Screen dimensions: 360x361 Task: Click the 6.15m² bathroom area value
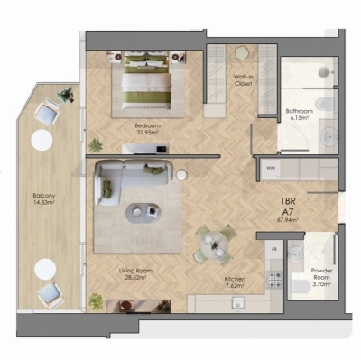click(x=299, y=117)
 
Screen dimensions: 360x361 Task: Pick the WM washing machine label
click(x=270, y=169)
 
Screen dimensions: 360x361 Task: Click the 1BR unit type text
click(x=288, y=205)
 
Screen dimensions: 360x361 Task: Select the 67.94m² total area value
click(x=288, y=223)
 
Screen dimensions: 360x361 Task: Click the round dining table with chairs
click(x=215, y=244)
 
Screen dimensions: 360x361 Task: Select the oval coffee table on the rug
click(x=140, y=213)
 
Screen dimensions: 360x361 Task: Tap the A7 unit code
click(x=288, y=215)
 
